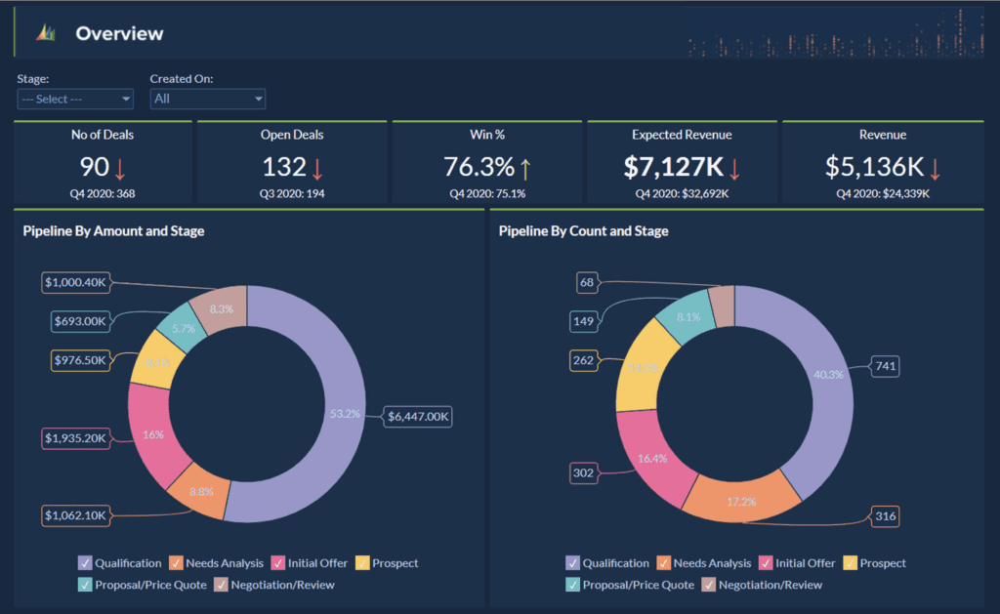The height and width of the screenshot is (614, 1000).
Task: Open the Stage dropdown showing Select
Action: pyautogui.click(x=75, y=99)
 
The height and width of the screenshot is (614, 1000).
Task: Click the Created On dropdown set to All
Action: pyautogui.click(x=207, y=99)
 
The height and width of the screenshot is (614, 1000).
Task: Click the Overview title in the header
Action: pyautogui.click(x=119, y=34)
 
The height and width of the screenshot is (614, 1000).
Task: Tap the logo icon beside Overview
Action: pyautogui.click(x=46, y=34)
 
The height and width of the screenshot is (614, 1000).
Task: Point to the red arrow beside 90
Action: pyautogui.click(x=120, y=169)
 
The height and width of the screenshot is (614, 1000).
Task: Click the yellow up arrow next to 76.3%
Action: pyautogui.click(x=524, y=169)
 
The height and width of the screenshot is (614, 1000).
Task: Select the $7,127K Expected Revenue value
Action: pyautogui.click(x=673, y=167)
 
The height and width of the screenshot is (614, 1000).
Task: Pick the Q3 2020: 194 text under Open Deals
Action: pyautogui.click(x=293, y=193)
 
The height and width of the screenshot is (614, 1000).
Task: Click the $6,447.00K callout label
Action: pyautogui.click(x=418, y=417)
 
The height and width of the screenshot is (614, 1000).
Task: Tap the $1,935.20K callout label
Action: pyautogui.click(x=75, y=438)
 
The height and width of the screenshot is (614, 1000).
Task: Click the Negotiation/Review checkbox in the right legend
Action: pyautogui.click(x=708, y=585)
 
